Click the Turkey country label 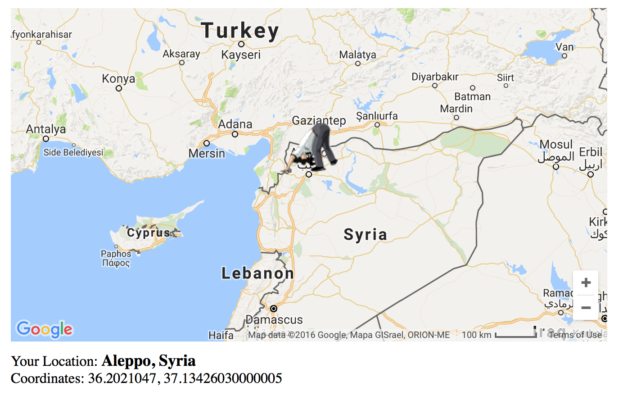(x=240, y=31)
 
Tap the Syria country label (x=365, y=234)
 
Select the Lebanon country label (x=257, y=273)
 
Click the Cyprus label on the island (x=149, y=232)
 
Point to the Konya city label (x=118, y=79)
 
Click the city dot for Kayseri (x=241, y=44)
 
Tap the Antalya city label (x=46, y=129)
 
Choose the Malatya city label (x=357, y=55)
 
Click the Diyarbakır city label (x=435, y=77)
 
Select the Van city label (x=564, y=47)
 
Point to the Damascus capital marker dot (x=274, y=309)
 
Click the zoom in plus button (x=586, y=283)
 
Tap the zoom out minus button (x=586, y=308)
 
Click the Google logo (x=45, y=329)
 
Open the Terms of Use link (x=575, y=335)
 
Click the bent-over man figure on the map (x=315, y=149)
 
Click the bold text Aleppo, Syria (x=149, y=361)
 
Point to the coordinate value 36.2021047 (x=122, y=378)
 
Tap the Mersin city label (x=207, y=153)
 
